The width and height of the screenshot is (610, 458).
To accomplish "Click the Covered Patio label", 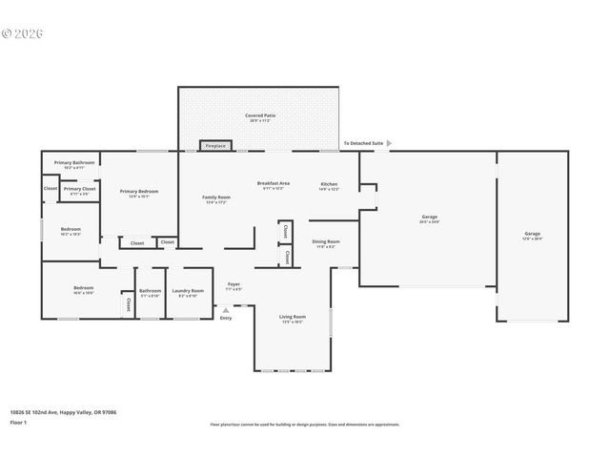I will pos(258,115).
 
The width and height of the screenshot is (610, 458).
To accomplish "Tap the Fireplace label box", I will pos(215,146).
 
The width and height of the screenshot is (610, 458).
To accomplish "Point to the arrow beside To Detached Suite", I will pos(388,143).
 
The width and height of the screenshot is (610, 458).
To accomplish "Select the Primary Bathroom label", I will pos(73,162).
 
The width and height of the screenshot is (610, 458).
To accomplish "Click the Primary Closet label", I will pos(80,189).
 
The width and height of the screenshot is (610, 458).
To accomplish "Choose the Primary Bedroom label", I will pos(139,191).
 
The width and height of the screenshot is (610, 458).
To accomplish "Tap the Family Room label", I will pos(216,198).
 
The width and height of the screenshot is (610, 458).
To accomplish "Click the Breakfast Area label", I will pos(274,183).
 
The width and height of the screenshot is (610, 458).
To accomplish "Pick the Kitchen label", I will pos(329,183).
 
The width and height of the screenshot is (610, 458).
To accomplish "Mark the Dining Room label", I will pos(326,241).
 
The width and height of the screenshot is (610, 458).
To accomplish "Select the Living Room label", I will pos(292,317).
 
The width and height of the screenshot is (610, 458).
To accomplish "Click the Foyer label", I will pos(234,284).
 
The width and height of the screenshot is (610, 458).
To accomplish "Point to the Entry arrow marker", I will pos(225,309).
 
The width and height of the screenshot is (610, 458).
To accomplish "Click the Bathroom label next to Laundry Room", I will pos(151,291).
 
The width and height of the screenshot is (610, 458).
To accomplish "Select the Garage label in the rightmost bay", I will pos(531,234).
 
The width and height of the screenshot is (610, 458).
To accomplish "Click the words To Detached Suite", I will pos(363,143).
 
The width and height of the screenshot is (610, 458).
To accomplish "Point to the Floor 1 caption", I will pos(18,421).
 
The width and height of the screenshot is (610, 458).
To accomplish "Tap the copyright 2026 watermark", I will pos(23,33).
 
